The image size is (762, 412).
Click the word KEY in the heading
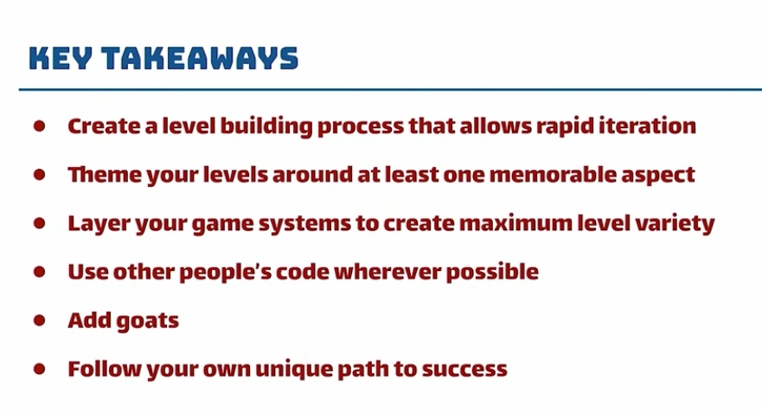tap(61, 58)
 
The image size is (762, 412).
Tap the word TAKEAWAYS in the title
tap(200, 58)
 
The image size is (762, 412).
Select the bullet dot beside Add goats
tap(40, 320)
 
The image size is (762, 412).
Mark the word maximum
tap(515, 223)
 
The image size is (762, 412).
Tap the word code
tap(302, 272)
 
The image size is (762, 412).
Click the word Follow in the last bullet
tap(105, 370)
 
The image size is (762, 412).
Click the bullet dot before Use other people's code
tap(40, 272)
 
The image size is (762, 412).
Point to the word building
tap(266, 127)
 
